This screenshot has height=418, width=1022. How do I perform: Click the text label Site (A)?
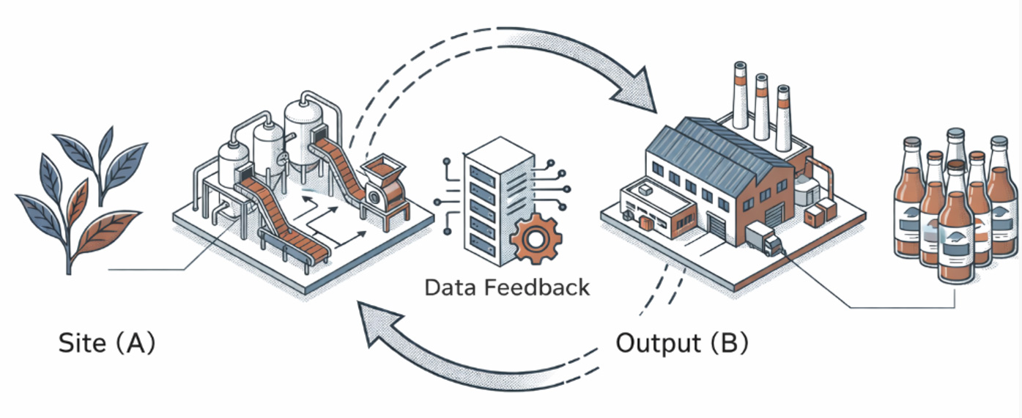107,343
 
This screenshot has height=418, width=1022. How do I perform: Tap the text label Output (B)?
681,343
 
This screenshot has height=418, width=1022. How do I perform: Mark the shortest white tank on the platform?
233,165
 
